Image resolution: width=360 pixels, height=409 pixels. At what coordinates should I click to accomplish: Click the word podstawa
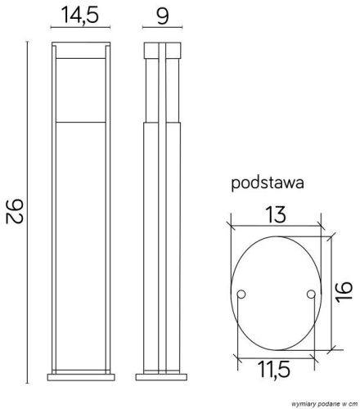pyautogui.click(x=268, y=184)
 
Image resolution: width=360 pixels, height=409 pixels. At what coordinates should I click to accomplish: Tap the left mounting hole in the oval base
pyautogui.click(x=243, y=294)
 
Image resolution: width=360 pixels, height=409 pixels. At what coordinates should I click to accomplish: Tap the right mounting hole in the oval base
pyautogui.click(x=309, y=294)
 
